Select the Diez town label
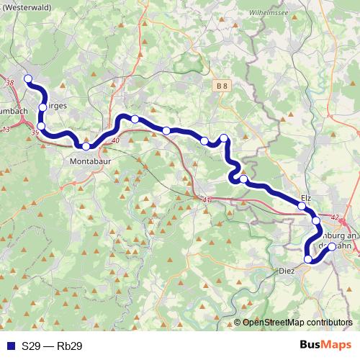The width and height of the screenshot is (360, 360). tap(287, 271)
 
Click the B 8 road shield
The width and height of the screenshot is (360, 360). tap(222, 86)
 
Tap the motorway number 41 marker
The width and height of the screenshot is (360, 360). tap(207, 199)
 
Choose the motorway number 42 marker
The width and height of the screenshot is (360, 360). tap(335, 217)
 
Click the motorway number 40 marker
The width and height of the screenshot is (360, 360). tap(116, 140)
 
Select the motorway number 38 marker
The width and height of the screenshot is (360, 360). tap(9, 84)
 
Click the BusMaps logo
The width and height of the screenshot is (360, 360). tap(323, 346)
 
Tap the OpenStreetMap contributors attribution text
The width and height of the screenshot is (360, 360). tap(297, 323)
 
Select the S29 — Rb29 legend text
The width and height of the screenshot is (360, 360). tap(52, 346)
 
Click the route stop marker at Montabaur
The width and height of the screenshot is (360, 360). tap(86, 146)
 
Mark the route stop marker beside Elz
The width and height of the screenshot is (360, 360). tap(301, 207)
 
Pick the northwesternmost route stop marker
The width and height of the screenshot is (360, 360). tap(28, 78)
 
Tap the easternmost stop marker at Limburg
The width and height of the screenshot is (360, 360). tap(331, 246)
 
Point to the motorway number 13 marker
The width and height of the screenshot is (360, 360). tap(6, 129)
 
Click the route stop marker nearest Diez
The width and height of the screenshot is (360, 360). tap(308, 259)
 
